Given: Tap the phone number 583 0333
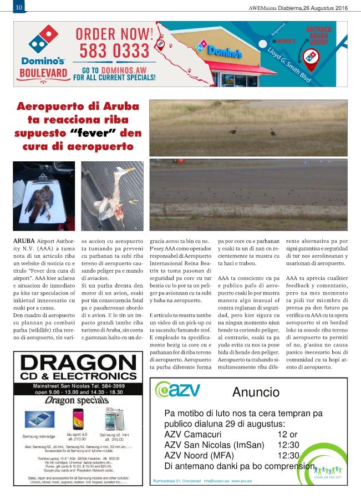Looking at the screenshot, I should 114,51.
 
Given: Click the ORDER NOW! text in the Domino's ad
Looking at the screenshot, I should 115,33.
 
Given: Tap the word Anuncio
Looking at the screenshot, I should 256,393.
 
